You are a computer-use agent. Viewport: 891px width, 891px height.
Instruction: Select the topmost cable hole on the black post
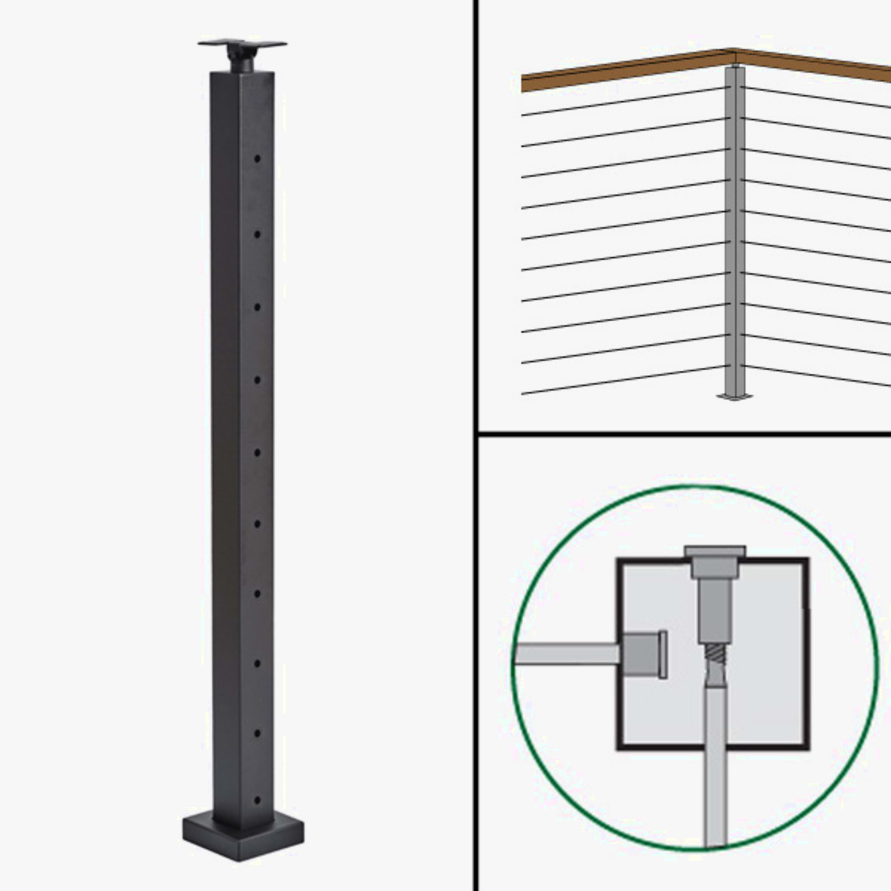257,159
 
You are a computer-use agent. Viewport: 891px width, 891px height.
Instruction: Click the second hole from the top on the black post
257,234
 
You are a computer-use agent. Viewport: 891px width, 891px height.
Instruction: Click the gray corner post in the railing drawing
735,230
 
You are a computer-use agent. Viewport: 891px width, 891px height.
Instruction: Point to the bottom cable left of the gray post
623,380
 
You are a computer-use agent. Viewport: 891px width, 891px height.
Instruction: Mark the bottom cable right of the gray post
816,376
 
